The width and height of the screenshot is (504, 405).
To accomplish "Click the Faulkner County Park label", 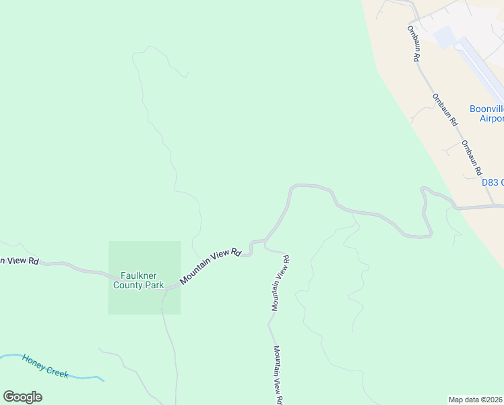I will pos(142,280).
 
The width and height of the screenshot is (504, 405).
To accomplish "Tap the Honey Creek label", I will pos(44,366).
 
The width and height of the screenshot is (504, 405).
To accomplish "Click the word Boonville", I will pos(486,109).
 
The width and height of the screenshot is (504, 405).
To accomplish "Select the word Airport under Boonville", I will pos(491,119).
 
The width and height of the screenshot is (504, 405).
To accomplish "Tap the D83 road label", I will pos(493,182).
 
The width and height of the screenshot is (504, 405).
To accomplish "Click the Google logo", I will pos(22,397).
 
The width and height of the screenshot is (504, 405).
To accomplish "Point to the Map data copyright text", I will pos(476,399).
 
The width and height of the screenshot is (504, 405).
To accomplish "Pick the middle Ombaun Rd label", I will pos(445,110).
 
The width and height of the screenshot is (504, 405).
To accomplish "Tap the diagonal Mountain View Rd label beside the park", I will pos(210,267).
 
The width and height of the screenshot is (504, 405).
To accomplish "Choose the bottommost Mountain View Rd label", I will pos(277,375).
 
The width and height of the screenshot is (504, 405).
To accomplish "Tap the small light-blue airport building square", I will pos(445,37).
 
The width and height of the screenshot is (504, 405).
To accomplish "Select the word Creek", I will pos(57,371).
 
